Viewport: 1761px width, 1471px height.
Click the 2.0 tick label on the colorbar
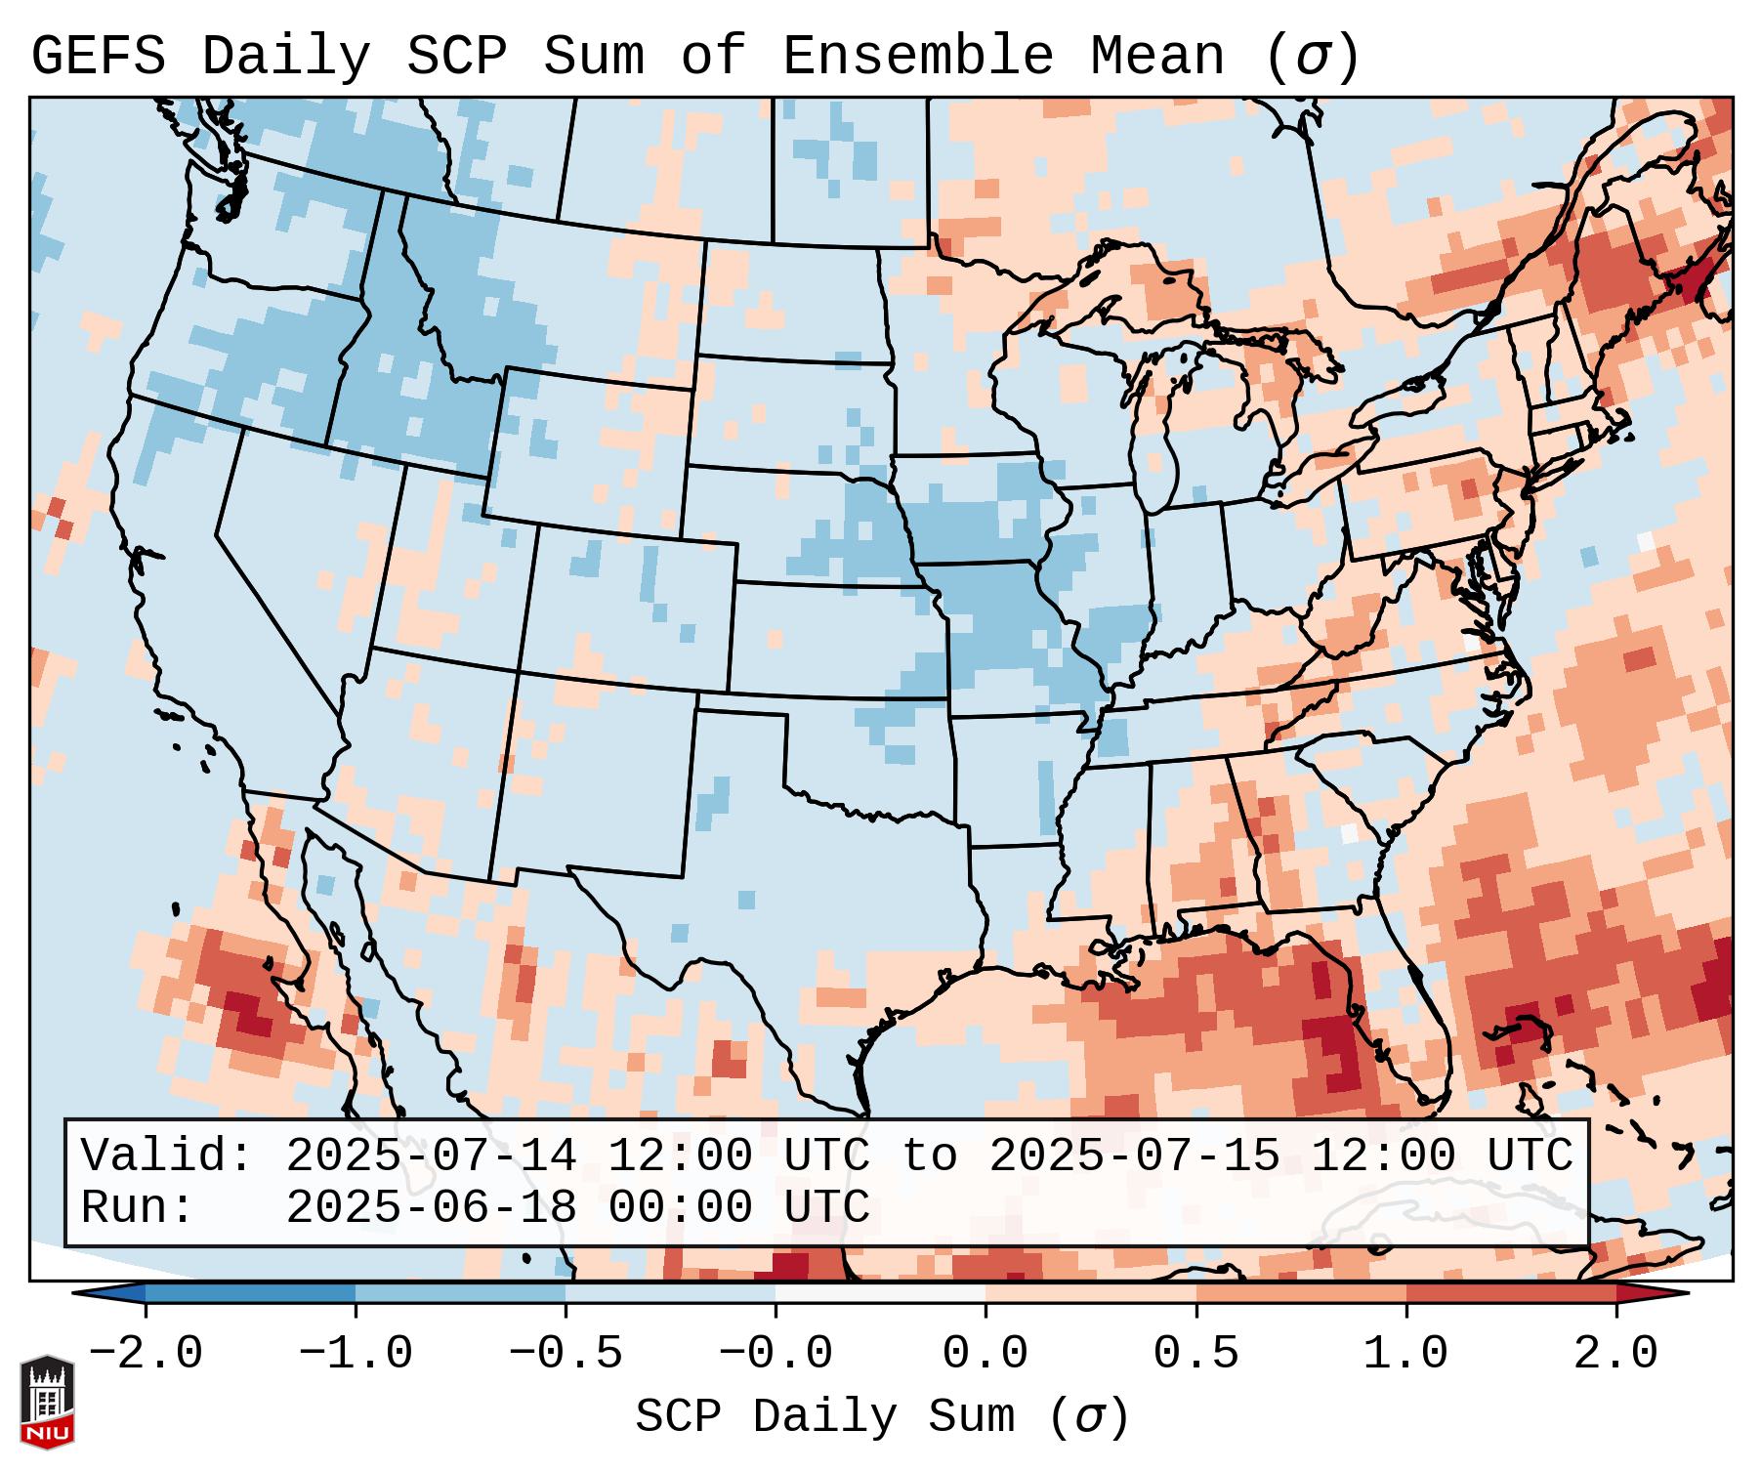(x=1615, y=1354)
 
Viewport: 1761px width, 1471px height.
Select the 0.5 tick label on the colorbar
(x=1195, y=1354)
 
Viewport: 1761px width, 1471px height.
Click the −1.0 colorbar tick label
(x=355, y=1354)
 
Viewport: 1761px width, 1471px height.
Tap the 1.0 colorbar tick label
(x=1405, y=1354)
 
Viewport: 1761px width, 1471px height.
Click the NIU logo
(x=47, y=1402)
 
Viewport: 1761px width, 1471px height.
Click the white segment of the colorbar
(x=880, y=1293)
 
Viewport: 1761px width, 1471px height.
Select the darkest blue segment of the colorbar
(x=250, y=1293)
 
